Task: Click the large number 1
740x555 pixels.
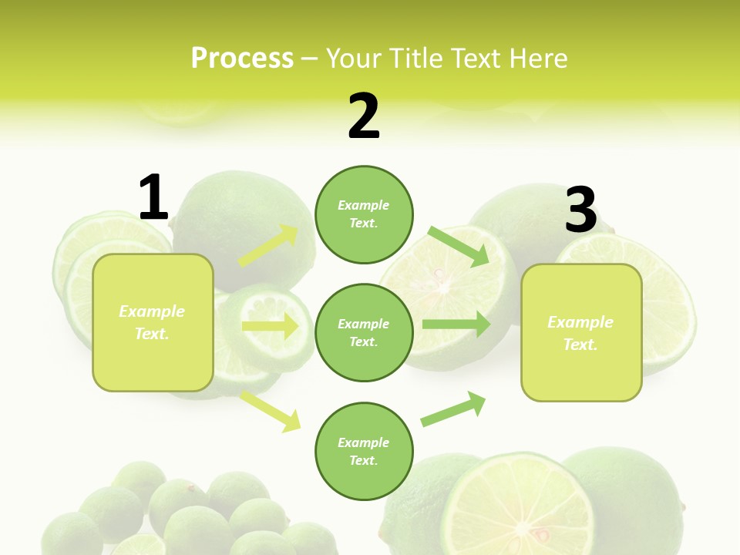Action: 153,197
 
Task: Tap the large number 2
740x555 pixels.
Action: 364,116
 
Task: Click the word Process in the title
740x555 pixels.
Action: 242,58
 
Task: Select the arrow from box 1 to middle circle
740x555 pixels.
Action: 271,326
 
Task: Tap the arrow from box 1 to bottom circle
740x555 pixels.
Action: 271,411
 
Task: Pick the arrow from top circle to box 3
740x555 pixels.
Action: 459,246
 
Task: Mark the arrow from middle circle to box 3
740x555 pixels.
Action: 456,324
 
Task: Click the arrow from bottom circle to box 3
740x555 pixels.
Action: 454,409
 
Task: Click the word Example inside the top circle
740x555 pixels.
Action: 364,205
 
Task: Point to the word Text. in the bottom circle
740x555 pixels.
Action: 364,460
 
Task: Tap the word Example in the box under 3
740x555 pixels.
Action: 580,322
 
